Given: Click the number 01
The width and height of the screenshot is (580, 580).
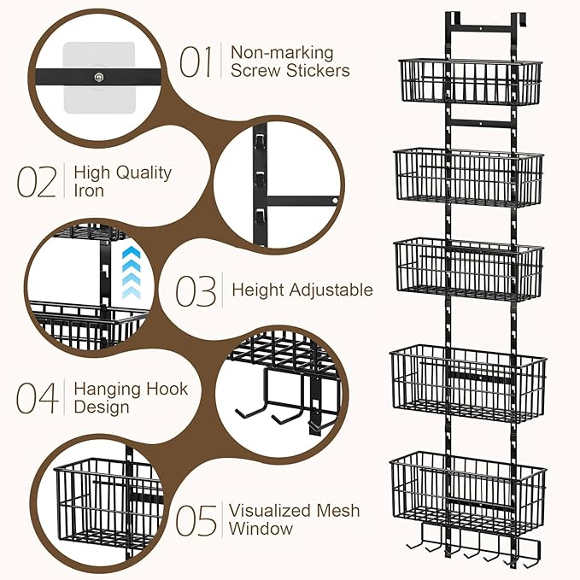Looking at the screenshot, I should [x=196, y=61].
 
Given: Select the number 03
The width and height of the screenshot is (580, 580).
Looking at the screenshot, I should [x=196, y=290].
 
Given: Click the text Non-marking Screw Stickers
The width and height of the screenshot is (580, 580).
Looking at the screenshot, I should [x=290, y=61].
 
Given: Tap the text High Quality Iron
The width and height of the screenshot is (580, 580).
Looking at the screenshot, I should [x=122, y=181].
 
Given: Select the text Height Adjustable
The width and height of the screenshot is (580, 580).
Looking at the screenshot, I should [x=302, y=290].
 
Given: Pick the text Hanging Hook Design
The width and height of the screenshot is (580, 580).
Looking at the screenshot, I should [x=130, y=398].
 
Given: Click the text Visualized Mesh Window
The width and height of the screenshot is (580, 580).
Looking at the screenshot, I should [x=294, y=519].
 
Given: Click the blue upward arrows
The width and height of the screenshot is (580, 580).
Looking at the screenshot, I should [x=129, y=272].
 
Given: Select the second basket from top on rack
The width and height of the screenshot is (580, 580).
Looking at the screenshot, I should [x=468, y=178].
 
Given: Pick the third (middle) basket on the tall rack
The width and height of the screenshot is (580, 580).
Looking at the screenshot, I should [x=468, y=268].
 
